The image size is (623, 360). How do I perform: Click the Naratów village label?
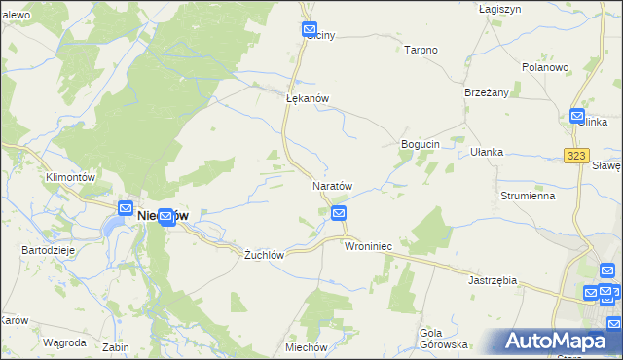tap(331, 185)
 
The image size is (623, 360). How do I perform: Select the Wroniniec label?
tap(368, 247)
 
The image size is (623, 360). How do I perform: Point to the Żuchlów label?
tap(264, 254)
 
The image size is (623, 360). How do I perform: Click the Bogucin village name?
tap(421, 144)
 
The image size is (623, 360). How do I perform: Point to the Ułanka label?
tap(486, 152)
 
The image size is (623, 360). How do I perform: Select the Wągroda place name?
tap(65, 342)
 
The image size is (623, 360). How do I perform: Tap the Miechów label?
tap(306, 347)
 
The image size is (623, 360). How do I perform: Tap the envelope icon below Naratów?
tap(339, 213)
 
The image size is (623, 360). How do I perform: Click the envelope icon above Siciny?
tap(310, 30)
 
